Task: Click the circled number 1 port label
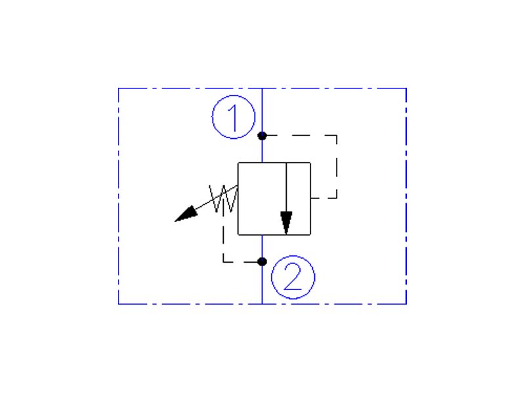click(x=234, y=118)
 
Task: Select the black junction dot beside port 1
click(x=262, y=136)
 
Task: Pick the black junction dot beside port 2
click(x=262, y=261)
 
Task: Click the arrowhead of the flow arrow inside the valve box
click(x=286, y=222)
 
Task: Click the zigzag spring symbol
click(x=223, y=198)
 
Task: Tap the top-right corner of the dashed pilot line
click(x=337, y=136)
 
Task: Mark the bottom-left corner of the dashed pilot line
click(x=224, y=261)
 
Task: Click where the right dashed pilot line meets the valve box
click(x=311, y=198)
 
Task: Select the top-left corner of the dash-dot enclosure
click(x=119, y=88)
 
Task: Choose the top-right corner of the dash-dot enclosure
click(x=406, y=88)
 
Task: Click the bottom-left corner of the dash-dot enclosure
click(x=119, y=304)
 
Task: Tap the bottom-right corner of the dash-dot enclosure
click(x=406, y=304)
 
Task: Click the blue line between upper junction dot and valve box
click(x=262, y=150)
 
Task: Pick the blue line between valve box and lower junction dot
click(x=262, y=247)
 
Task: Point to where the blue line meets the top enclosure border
click(x=262, y=88)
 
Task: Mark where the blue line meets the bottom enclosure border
click(x=262, y=304)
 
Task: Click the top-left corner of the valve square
click(x=238, y=162)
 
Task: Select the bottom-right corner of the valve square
click(x=311, y=234)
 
